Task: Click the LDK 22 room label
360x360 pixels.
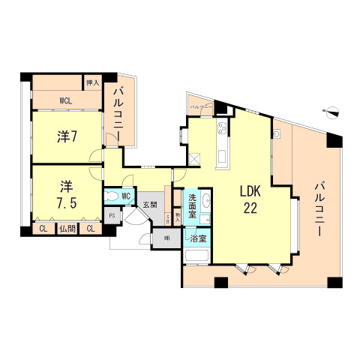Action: coord(250,200)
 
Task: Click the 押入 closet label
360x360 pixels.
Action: coord(93,83)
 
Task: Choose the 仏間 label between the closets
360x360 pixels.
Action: coord(67,229)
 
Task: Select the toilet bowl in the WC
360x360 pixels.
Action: coord(112,197)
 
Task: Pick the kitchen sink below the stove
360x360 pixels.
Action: coord(221,157)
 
